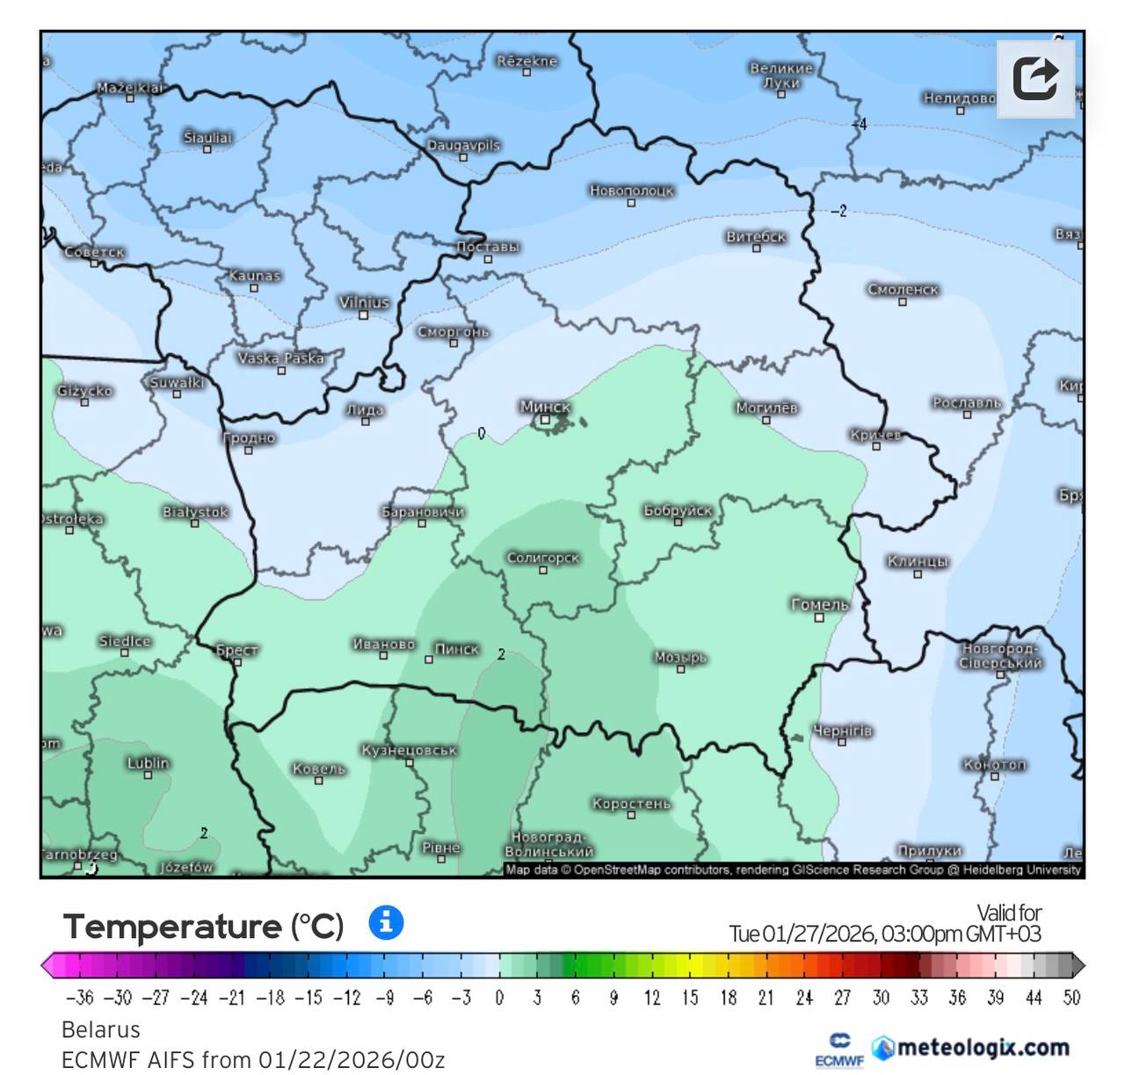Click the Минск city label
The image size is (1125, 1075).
545,407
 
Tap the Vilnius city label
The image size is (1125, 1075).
364,302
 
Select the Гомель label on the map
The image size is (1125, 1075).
819,604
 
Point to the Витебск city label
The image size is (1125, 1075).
756,236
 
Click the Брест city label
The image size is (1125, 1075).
237,650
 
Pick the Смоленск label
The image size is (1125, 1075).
903,289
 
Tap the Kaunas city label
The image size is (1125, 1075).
254,275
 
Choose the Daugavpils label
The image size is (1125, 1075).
463,145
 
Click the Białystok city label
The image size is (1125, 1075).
195,511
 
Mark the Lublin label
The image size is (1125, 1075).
148,762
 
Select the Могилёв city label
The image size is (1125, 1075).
766,408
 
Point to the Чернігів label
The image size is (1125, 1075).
842,731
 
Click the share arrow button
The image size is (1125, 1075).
1035,79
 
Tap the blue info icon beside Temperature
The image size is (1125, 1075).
386,923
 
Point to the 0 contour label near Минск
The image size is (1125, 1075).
482,433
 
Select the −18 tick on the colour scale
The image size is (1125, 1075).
271,998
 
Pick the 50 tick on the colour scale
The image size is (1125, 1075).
1071,998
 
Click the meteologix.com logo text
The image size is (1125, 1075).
983,1047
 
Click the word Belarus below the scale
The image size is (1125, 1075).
101,1029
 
